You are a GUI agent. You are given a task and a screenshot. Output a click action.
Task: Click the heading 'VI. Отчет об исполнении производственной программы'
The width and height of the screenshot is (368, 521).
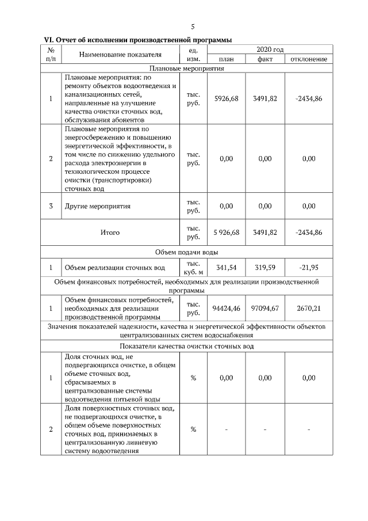pos(138,40)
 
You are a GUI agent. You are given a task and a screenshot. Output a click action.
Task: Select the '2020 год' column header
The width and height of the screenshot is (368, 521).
pos(270,50)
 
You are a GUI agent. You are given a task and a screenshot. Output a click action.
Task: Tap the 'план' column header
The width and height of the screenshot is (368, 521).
pos(226,59)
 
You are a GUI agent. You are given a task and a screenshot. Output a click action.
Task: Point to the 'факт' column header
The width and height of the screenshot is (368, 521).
pos(265,59)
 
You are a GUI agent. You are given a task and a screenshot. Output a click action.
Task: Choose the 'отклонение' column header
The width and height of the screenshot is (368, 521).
pos(309,59)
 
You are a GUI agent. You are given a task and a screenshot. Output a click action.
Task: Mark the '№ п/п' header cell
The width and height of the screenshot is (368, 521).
pos(51,55)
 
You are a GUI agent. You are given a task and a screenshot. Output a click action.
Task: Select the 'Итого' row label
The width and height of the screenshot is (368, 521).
pos(110,233)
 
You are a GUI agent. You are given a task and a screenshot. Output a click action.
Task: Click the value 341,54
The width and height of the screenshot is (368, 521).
pos(226,268)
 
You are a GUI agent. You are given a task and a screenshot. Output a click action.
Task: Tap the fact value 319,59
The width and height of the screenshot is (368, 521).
pos(265,268)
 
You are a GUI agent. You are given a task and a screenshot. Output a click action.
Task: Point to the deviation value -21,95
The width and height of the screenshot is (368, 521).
pos(309,268)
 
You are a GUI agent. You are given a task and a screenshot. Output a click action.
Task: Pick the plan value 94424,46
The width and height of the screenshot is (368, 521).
pos(226,309)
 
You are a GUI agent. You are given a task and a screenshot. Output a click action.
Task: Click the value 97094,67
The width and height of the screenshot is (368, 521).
pos(265,309)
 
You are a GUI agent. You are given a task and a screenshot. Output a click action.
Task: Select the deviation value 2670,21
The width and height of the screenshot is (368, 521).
pos(309,309)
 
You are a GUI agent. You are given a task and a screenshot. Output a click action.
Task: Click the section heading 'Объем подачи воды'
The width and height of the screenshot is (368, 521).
pos(186,252)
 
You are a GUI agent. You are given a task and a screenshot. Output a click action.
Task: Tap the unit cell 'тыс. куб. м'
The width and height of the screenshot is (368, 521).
pos(193,268)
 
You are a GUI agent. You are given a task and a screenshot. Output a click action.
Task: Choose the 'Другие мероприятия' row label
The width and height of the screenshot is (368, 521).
pos(98,206)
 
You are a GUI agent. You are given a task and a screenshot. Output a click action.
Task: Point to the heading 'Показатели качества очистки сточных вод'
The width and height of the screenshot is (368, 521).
pos(186,346)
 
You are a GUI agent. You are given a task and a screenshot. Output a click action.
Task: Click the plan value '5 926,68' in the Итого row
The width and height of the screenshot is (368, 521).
pos(226,233)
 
